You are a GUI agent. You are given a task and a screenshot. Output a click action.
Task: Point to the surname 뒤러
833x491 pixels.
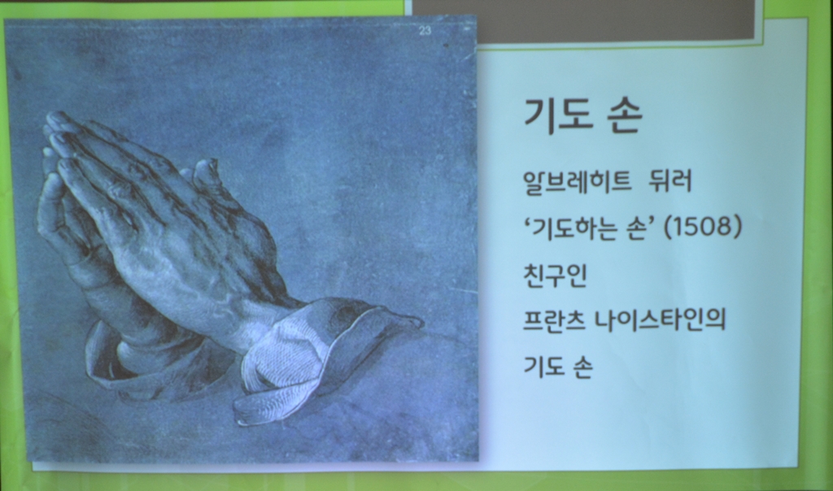coord(670,181)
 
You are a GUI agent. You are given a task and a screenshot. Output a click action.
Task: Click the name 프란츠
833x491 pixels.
coord(554,320)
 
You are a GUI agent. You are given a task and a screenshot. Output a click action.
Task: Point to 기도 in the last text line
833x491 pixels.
coord(543,367)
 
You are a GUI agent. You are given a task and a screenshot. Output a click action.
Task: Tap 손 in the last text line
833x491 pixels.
coord(582,367)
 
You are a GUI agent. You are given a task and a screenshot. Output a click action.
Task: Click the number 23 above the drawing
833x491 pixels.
coord(425,31)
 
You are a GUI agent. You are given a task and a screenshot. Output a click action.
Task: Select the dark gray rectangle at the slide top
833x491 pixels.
coord(582,20)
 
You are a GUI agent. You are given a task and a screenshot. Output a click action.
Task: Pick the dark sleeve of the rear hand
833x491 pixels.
coord(154,361)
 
